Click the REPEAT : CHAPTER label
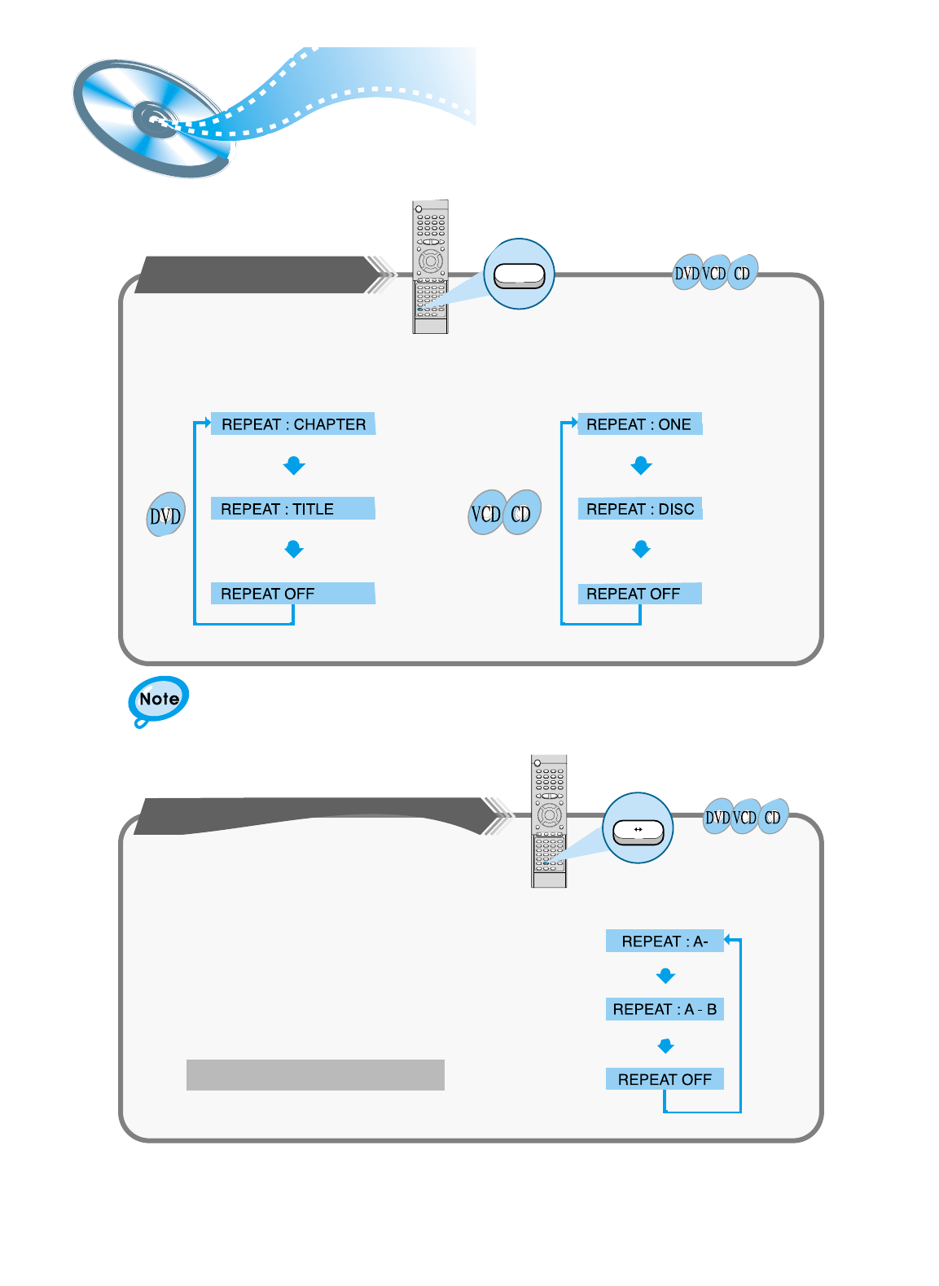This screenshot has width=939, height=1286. (293, 424)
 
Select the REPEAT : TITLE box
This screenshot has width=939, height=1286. (292, 509)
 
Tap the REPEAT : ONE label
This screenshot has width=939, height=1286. (639, 424)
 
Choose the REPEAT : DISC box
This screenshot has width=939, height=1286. (640, 509)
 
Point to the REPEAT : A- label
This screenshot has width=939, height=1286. (665, 941)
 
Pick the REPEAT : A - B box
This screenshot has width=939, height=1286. (665, 1010)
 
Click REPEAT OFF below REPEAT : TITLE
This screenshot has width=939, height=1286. (292, 594)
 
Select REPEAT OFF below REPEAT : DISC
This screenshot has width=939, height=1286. (639, 594)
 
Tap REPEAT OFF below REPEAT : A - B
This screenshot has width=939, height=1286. (665, 1079)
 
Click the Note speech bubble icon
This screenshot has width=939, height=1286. (159, 700)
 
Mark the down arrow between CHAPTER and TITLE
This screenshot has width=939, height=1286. (294, 466)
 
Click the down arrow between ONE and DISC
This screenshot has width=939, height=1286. (641, 466)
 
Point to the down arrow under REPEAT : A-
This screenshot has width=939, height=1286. (665, 976)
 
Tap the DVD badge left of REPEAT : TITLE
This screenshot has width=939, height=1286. (165, 516)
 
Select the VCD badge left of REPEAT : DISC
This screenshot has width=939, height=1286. (486, 514)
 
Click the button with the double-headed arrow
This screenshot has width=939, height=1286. (638, 831)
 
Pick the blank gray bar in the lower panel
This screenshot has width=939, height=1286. (315, 1075)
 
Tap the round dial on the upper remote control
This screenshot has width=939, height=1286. (430, 261)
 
